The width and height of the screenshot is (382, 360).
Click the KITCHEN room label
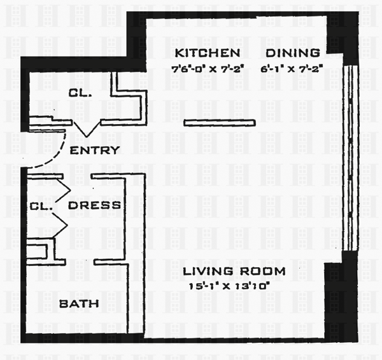(208, 53)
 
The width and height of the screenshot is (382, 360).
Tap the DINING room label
(293, 53)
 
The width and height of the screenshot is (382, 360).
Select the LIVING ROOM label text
(234, 272)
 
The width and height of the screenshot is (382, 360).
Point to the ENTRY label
(94, 151)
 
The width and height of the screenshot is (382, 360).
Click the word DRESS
(94, 205)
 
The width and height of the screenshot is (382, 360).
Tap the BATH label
(79, 303)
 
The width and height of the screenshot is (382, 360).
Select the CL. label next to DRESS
(41, 206)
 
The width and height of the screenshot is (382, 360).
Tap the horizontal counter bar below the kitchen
(220, 122)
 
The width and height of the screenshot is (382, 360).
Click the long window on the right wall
(348, 156)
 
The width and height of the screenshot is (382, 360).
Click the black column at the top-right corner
(342, 35)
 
